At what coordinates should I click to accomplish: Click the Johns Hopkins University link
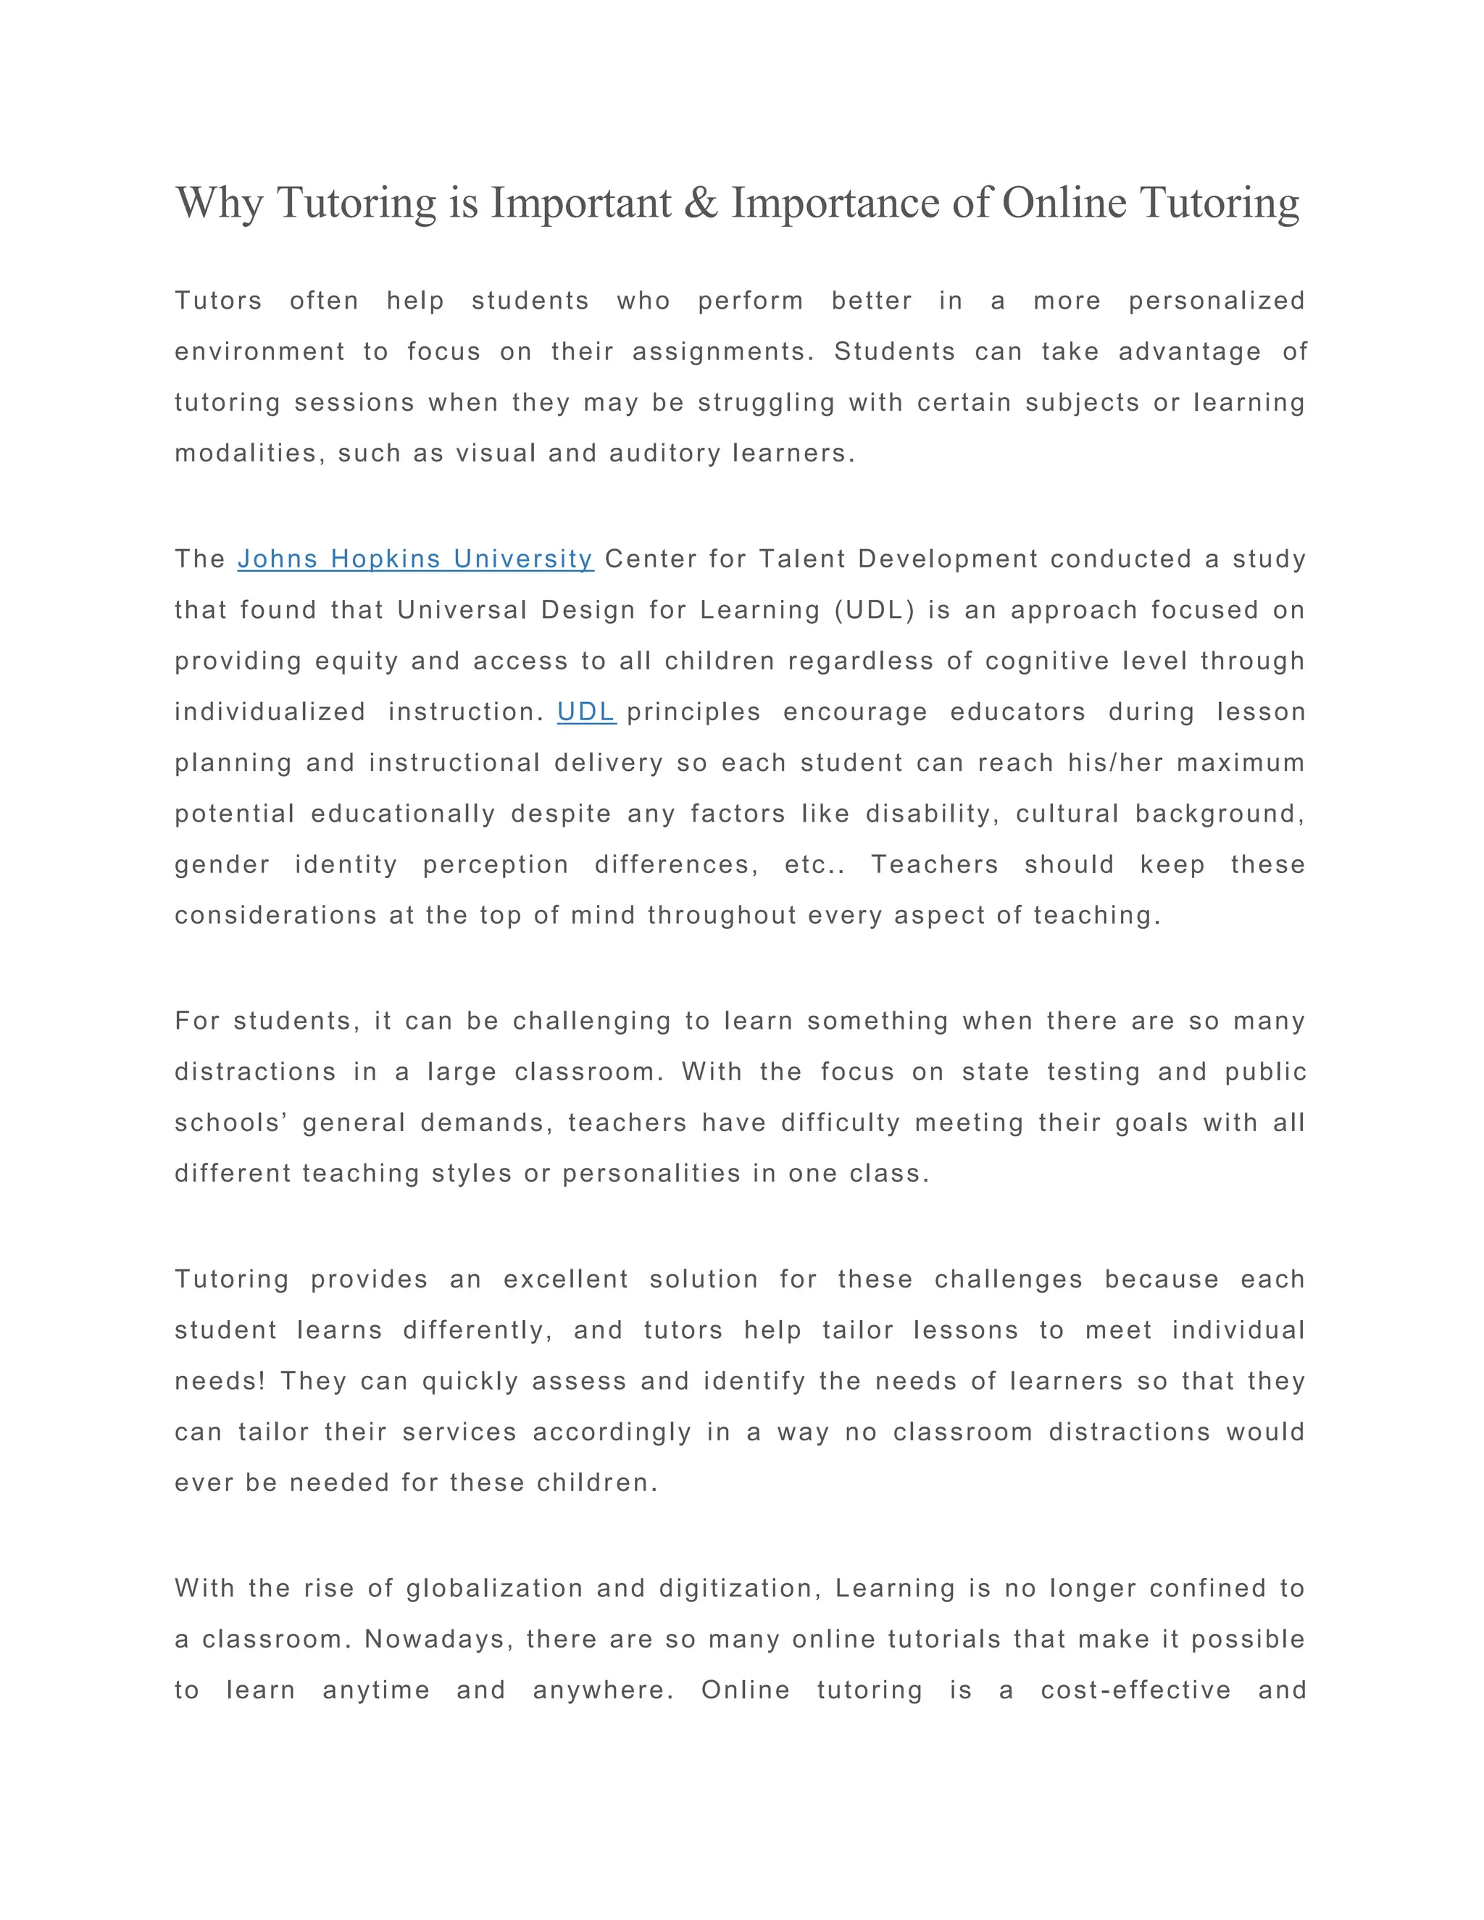tap(415, 559)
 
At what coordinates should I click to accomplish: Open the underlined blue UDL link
tap(586, 712)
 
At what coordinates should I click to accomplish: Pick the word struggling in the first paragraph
tap(767, 403)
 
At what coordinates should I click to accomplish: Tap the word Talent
tap(802, 559)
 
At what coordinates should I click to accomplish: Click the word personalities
tap(651, 1174)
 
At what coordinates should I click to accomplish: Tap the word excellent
tap(566, 1279)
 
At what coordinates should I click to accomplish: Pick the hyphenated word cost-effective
tap(1136, 1690)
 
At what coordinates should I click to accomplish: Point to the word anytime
tap(376, 1690)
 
